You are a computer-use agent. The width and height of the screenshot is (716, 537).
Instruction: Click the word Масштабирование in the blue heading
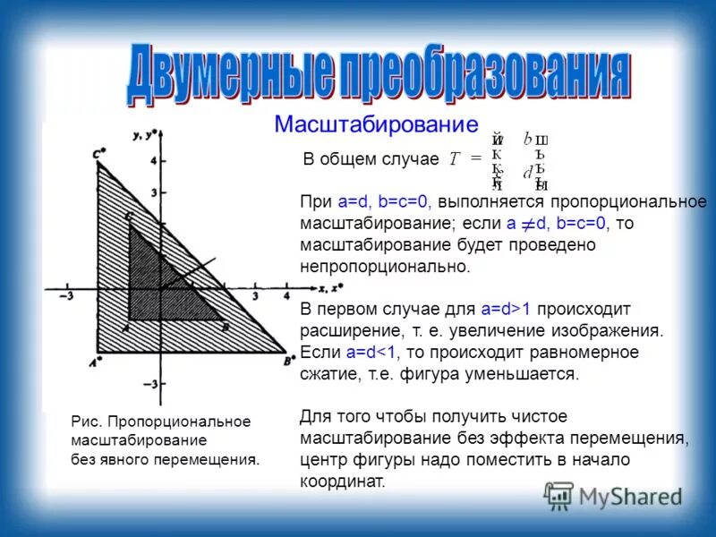coord(376,124)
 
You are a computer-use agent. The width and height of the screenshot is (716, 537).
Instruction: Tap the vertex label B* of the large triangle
coord(289,360)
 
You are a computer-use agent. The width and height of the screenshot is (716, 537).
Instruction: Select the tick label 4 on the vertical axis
coord(152,162)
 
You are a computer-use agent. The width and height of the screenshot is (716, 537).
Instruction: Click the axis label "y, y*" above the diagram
coord(145,135)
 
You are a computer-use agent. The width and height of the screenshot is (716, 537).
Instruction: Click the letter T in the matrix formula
coord(454,158)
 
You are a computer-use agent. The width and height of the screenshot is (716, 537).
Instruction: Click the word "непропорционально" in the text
coord(384,266)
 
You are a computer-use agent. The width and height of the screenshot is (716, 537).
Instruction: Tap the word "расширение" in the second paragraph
coord(343,330)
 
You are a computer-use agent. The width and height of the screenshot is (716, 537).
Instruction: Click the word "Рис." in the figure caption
coord(83,422)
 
